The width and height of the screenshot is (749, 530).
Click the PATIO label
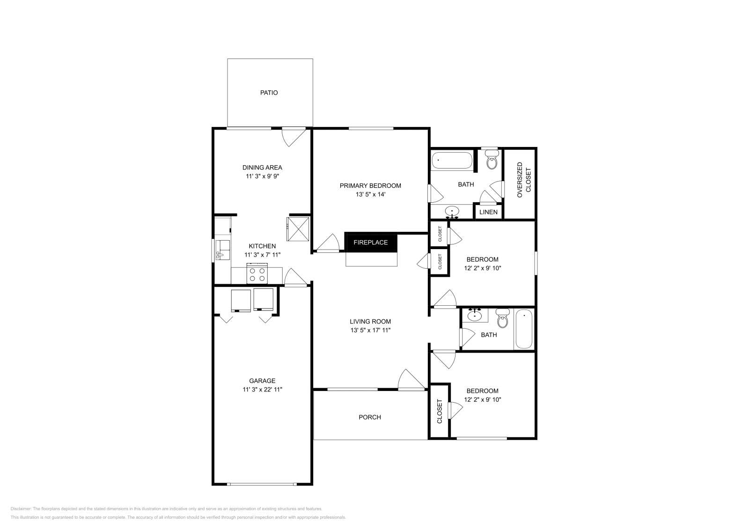[269, 93]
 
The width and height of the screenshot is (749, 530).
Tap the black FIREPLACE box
[370, 242]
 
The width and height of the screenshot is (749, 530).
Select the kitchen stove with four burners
[257, 273]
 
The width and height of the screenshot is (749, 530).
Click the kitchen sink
[222, 250]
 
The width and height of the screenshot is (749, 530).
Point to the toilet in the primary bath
[492, 159]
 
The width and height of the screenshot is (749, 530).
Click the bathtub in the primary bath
[452, 161]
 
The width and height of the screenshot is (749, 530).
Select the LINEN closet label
[488, 212]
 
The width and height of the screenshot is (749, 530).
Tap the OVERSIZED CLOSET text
[524, 180]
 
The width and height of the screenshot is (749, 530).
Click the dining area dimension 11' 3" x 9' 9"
[262, 176]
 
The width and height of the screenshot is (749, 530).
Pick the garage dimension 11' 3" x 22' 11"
[262, 389]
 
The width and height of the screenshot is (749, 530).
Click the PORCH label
[369, 417]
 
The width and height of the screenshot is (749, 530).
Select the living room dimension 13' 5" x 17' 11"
[370, 330]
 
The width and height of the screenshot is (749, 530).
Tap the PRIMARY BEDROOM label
[370, 185]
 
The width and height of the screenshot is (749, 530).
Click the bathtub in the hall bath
[524, 329]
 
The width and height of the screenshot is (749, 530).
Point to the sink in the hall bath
[474, 315]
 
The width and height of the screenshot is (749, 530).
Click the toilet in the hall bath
[502, 318]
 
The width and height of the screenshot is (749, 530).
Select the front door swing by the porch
[411, 380]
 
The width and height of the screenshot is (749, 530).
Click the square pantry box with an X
[298, 229]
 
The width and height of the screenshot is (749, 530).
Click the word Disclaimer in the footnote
[21, 508]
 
